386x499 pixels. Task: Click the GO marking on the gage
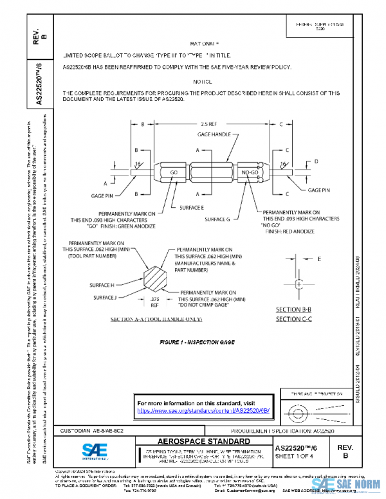tap(174, 173)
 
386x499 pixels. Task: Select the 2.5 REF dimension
tap(208, 123)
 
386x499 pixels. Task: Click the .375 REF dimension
tap(154, 302)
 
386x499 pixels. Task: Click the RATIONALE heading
tap(205, 43)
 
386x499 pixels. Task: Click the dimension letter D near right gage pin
tap(315, 161)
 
